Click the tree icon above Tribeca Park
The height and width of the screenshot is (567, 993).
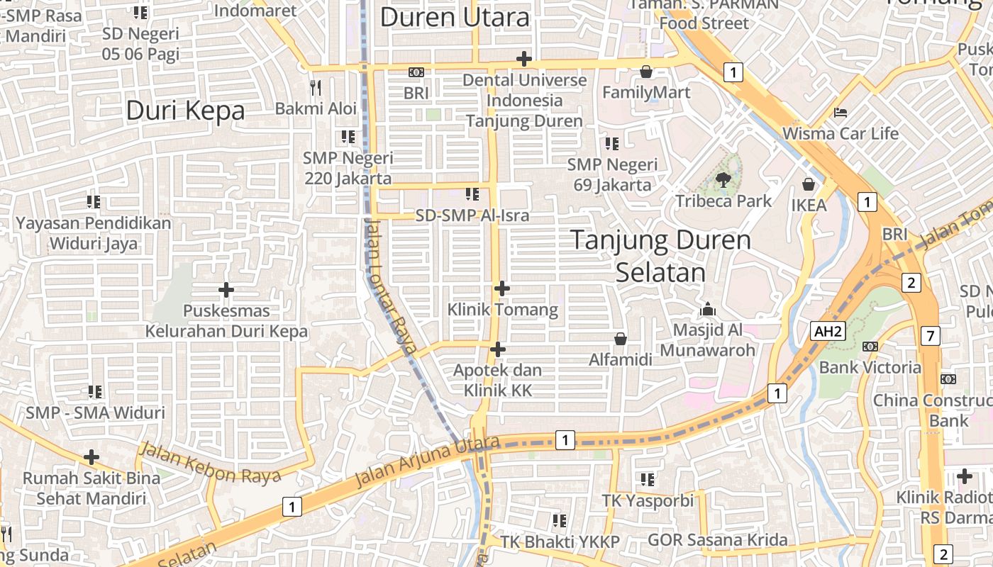pos(723,180)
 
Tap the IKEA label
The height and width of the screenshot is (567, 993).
pos(809,206)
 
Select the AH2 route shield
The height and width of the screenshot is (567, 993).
pos(828,331)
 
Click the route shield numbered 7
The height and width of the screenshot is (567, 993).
pos(930,336)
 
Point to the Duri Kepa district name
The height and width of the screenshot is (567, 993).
pos(185,111)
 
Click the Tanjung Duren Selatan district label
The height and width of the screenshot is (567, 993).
pos(660,256)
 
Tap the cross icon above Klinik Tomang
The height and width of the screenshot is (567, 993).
pos(502,288)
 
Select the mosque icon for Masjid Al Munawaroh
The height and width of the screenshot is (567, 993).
pos(707,309)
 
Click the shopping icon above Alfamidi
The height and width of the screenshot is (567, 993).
pos(621,339)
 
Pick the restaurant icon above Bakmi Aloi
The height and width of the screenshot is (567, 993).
pos(316,87)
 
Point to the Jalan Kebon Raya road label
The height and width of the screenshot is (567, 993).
pos(210,463)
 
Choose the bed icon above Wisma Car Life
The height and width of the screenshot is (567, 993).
pos(841,113)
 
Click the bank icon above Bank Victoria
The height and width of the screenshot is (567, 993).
pos(870,347)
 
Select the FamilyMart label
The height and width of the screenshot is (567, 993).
pos(646,92)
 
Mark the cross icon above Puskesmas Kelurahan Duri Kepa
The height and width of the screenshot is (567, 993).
pos(226,290)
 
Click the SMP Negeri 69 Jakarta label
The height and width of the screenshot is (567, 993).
pos(612,175)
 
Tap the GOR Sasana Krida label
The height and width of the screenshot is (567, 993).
pos(717,540)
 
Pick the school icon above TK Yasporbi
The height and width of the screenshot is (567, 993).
pos(647,480)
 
